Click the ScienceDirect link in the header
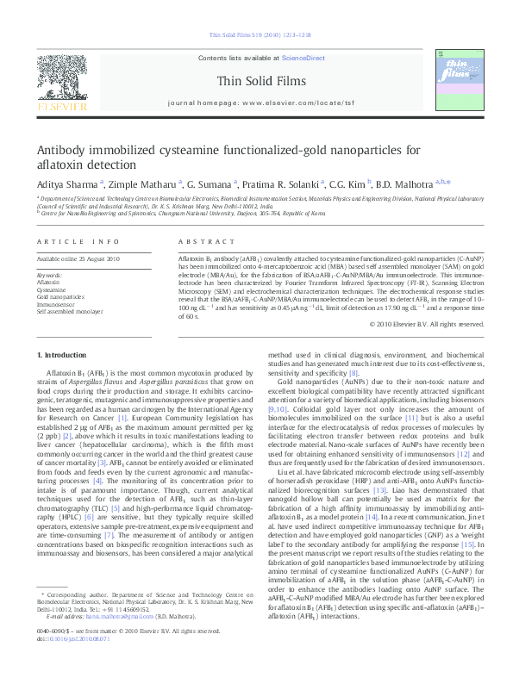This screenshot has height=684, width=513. [295, 57]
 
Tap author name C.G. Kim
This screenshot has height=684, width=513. [348, 183]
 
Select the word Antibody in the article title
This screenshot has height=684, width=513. [66, 149]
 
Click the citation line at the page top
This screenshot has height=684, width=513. [256, 36]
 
